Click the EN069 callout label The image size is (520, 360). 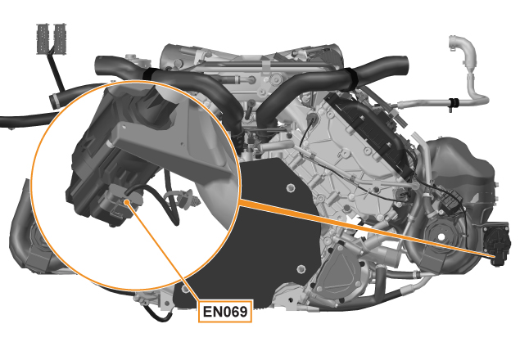point(225,311)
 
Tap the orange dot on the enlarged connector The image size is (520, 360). point(126,202)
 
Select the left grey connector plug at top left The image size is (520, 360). point(43,38)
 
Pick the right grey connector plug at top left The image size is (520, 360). point(60,38)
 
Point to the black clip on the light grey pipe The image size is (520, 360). point(453,103)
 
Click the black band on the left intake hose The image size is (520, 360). point(149,74)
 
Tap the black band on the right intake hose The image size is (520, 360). point(351,79)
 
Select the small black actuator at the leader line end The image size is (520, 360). point(495,243)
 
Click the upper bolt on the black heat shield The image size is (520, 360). point(290,188)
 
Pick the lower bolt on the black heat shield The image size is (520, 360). point(301,268)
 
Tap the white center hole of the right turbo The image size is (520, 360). point(441,237)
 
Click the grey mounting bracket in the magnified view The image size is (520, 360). point(173,146)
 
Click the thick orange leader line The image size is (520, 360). point(364,228)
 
